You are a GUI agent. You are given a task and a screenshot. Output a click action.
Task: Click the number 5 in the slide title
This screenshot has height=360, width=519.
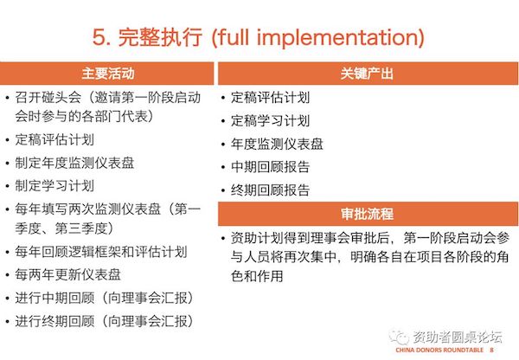pos(99,37)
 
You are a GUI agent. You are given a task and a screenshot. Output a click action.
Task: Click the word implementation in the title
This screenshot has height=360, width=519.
pos(338,38)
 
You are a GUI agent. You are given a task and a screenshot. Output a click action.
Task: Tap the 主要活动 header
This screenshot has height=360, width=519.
pos(108,74)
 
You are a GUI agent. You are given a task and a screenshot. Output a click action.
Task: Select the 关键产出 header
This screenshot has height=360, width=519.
pos(367,74)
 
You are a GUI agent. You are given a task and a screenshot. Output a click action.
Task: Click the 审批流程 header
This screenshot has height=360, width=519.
pos(367,214)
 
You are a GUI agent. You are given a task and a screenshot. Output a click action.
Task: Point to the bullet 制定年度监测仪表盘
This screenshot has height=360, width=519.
pos(74,163)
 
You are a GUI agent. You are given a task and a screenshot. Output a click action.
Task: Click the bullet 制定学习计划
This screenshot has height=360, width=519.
pos(54,186)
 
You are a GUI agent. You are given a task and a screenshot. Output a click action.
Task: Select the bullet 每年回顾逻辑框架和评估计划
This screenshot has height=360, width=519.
pos(101,252)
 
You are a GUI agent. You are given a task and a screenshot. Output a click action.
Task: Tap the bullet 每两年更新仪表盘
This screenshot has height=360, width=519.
pos(67,275)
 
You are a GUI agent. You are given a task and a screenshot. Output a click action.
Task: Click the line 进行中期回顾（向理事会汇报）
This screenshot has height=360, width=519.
pos(104,298)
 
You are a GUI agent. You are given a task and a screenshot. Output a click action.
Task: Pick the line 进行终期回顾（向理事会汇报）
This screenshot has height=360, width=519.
pos(104,321)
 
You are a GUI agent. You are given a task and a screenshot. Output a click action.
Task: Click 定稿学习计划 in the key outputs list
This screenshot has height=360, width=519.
pos(270,121)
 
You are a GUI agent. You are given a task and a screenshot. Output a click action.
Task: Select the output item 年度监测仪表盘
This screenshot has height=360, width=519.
pos(277,144)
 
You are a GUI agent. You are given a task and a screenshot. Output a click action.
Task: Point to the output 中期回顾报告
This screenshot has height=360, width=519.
pos(270,167)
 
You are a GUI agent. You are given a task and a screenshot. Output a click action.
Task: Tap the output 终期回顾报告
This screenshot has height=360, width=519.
pos(270,190)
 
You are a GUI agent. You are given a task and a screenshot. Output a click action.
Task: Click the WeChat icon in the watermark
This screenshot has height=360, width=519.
pos(399,337)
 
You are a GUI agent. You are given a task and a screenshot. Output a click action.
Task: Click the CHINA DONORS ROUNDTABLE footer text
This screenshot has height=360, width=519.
pos(439,350)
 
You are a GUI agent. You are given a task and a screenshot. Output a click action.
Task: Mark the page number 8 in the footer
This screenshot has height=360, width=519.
pos(492,350)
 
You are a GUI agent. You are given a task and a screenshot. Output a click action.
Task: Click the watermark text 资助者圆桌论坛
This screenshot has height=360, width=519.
pos(458,337)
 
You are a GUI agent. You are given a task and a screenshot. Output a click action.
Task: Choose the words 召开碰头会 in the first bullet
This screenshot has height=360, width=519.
pos(48,98)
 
